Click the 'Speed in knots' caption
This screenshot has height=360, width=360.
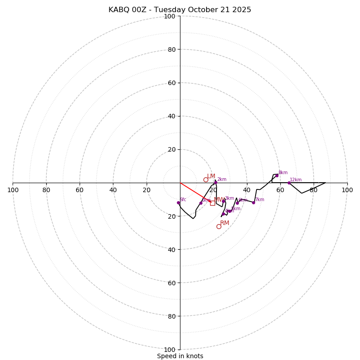[180, 356]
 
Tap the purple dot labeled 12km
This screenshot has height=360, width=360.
[289, 183]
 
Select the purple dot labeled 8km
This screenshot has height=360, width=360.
[277, 175]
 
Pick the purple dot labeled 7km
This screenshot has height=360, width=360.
[253, 202]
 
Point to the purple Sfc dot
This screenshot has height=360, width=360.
[178, 202]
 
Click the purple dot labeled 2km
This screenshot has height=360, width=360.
[216, 182]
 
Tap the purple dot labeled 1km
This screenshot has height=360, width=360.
[201, 203]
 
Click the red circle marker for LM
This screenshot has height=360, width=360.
[206, 180]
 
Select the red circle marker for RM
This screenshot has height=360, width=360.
[219, 226]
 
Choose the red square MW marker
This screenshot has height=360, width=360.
[212, 203]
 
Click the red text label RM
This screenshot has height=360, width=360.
[225, 223]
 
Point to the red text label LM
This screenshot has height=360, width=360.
[211, 176]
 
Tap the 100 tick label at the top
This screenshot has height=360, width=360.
[170, 16]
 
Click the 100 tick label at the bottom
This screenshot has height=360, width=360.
[170, 350]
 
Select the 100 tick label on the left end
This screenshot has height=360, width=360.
[13, 190]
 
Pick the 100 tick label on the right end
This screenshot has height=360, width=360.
[347, 190]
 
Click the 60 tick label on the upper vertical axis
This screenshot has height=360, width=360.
[171, 83]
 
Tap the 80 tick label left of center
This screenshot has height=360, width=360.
[46, 190]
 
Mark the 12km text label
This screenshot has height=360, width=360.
[296, 180]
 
